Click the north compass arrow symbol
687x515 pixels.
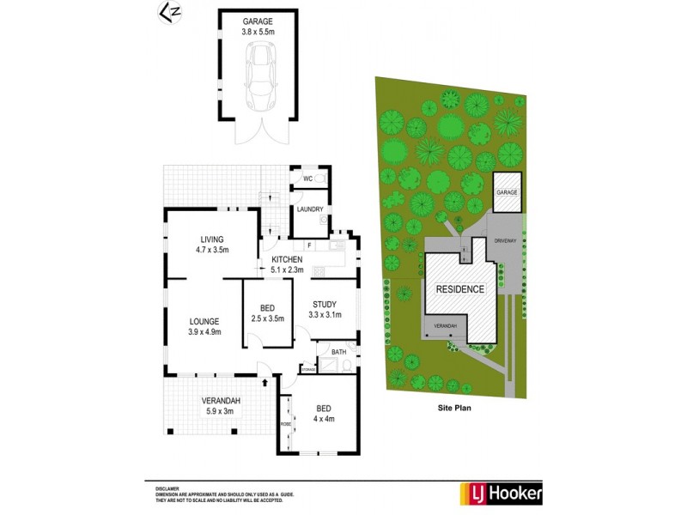tap(171, 12)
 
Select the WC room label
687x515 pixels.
tap(307, 179)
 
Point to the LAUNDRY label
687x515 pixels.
tap(309, 209)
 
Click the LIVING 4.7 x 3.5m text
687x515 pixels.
tap(212, 245)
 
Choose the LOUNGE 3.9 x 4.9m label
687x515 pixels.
tap(204, 328)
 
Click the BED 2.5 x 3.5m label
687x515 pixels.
tap(267, 312)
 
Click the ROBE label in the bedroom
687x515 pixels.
tap(285, 424)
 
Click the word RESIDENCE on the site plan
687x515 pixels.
tap(460, 289)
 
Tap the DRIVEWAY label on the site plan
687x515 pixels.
tap(506, 242)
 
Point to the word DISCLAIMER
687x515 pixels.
tap(169, 486)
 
